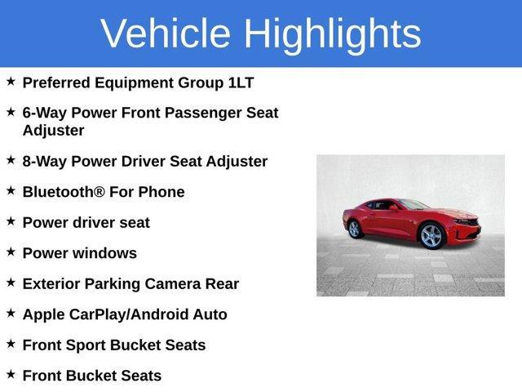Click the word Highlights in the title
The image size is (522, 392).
click(332, 33)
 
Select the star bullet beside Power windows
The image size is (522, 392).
click(11, 252)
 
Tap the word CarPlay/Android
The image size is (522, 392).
click(133, 314)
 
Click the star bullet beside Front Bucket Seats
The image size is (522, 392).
click(11, 374)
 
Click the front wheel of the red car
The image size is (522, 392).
click(431, 236)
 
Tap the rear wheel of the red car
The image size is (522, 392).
click(356, 229)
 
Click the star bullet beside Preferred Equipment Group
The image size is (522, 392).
click(11, 82)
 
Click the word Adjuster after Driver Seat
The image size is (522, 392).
click(236, 161)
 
